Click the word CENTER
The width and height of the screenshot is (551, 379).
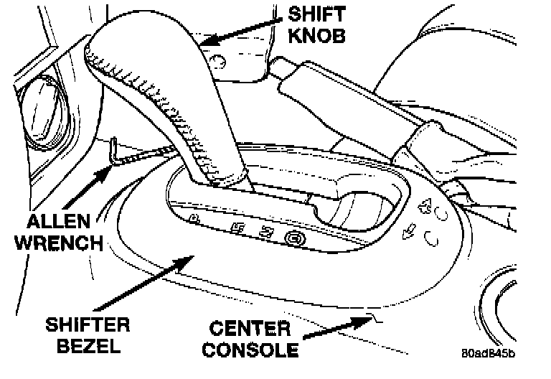pos(249,329)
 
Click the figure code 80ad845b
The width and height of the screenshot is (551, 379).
pos(489,353)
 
